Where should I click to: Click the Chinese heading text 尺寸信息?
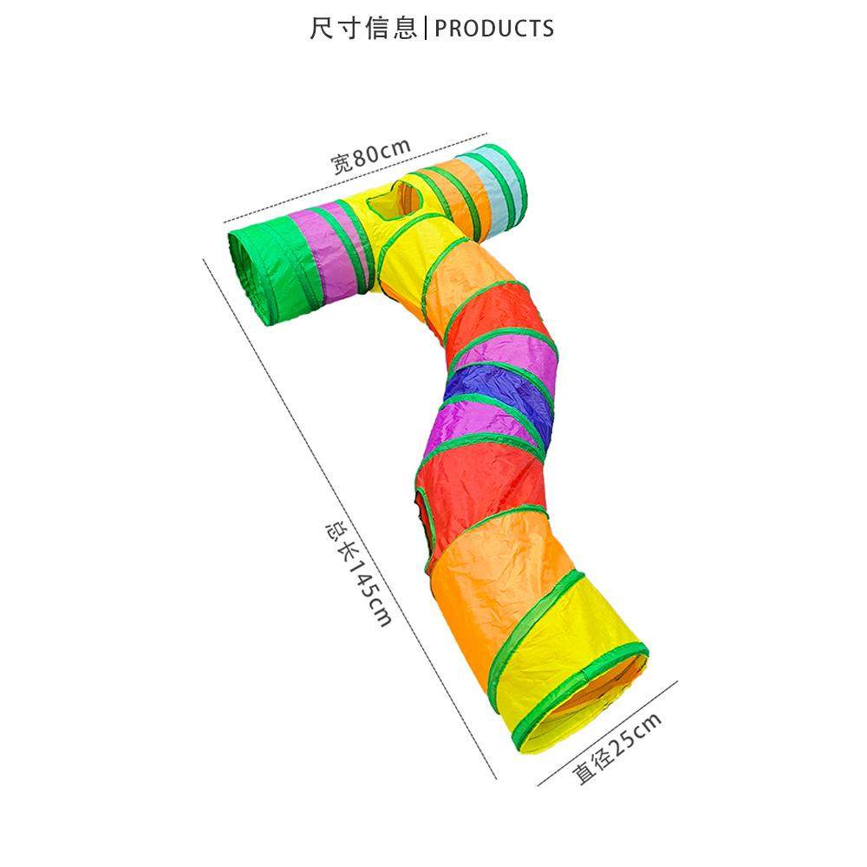click(x=362, y=28)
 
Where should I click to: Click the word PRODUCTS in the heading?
click(x=494, y=29)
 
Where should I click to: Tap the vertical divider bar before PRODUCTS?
click(x=426, y=29)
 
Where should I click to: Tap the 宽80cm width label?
click(x=370, y=155)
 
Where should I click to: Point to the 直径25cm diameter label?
click(x=616, y=749)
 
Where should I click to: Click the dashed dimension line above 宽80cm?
click(x=355, y=178)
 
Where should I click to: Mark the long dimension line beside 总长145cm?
click(x=349, y=519)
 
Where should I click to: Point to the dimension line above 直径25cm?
click(x=608, y=733)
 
